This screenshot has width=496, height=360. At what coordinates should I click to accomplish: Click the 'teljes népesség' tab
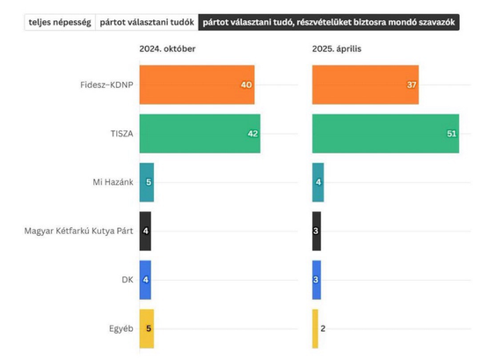[60, 22]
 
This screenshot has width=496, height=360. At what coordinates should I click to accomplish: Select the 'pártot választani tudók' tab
[147, 22]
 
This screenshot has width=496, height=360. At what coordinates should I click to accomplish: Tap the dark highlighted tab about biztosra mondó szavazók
[329, 22]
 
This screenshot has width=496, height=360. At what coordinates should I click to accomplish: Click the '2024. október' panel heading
[167, 48]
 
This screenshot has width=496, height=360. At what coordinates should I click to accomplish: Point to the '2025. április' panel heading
[337, 48]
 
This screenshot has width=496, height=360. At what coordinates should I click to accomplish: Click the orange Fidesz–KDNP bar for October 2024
[197, 84]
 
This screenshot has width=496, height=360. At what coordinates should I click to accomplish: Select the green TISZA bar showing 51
[385, 134]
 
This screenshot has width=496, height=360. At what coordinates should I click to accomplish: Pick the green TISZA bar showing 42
[200, 134]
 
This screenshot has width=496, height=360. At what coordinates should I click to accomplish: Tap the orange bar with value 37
[365, 84]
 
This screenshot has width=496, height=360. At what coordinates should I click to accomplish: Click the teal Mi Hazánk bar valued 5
[147, 182]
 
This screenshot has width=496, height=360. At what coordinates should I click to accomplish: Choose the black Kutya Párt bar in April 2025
[317, 231]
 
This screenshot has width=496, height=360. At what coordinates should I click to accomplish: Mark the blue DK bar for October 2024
[145, 280]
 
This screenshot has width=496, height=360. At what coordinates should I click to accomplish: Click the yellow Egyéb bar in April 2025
[315, 328]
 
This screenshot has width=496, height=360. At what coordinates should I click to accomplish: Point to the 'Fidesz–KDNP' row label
[106, 84]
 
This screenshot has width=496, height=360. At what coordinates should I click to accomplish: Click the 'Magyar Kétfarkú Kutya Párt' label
[79, 231]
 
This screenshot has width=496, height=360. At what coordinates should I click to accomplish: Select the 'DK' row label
[128, 280]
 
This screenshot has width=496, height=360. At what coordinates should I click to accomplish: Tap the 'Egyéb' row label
[121, 329]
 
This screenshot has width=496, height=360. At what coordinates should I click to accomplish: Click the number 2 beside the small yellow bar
[323, 328]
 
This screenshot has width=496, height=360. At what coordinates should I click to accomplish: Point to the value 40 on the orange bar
[246, 84]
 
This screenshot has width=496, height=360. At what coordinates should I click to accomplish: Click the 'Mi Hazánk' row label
[113, 182]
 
